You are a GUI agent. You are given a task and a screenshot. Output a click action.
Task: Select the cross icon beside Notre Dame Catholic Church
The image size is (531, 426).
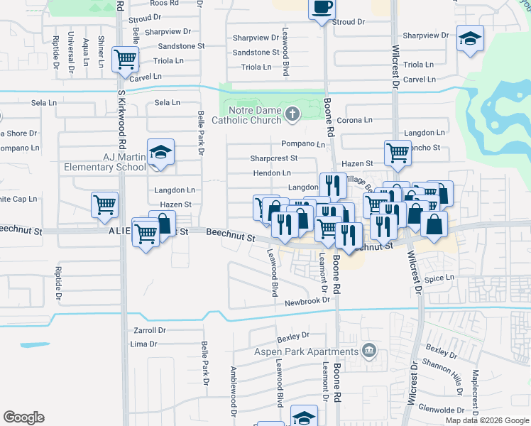coord(292,114)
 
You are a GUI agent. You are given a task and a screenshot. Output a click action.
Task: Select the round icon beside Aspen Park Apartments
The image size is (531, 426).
coord(368,350)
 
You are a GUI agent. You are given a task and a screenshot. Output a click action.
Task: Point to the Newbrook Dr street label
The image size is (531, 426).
coord(307,300)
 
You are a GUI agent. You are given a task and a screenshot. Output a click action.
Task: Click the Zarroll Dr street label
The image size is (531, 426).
coord(149,330)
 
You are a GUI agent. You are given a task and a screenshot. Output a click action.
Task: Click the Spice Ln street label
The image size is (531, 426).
coord(439,278)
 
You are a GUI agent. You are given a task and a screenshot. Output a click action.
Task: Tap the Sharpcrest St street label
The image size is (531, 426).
coord(273,158)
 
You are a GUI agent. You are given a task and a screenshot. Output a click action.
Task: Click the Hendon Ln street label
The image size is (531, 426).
coord(272,173)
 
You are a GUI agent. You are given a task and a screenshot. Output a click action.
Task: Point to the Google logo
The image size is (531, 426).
coord(23,417)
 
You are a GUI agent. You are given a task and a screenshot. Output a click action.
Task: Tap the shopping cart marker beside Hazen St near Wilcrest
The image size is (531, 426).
coord(398,152)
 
